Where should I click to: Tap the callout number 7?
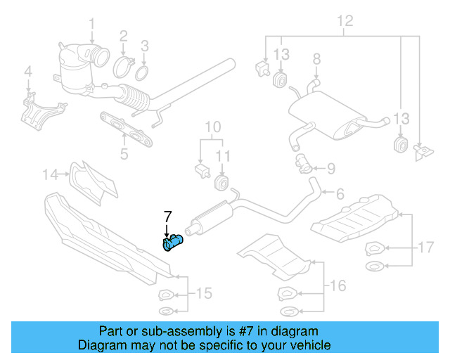click(167, 216)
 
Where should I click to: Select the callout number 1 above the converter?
click(91, 26)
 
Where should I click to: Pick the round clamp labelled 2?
click(124, 67)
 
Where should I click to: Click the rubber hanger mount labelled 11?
click(221, 184)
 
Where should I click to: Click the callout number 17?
click(425, 247)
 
